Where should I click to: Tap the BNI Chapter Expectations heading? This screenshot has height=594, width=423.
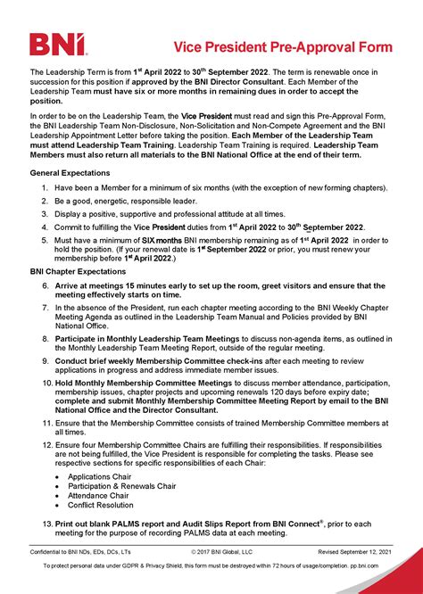tap(76, 271)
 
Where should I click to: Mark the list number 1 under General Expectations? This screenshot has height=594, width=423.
tap(46, 188)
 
